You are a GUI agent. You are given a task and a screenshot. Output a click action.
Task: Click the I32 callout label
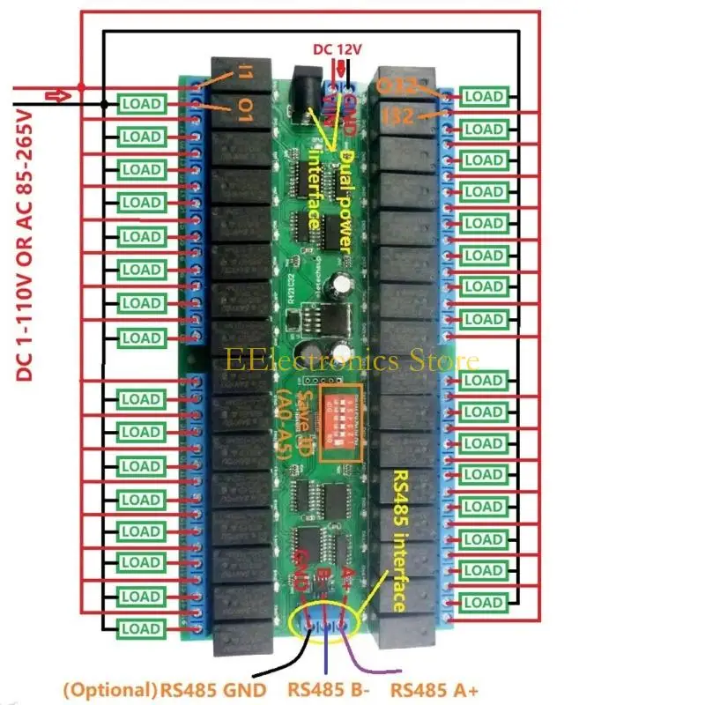400,115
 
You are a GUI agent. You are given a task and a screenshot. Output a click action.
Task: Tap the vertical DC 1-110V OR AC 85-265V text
24,245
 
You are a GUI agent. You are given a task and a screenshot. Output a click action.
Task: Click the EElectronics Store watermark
352,360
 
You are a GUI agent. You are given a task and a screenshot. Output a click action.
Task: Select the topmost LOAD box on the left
141,104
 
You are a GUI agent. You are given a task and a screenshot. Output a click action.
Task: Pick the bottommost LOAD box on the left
141,628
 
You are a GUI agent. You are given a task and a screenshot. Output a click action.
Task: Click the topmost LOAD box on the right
484,96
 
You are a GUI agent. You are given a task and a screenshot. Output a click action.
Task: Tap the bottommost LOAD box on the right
484,602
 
